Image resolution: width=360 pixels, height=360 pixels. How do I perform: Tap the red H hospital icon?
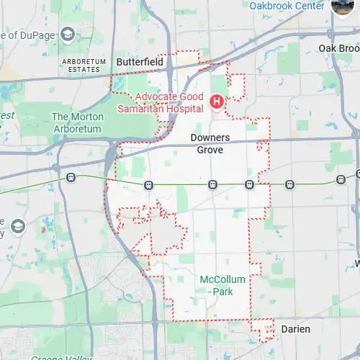point(215,102)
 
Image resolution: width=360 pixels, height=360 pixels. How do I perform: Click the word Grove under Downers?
point(210,150)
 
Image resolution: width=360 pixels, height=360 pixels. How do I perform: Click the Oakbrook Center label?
point(286,6)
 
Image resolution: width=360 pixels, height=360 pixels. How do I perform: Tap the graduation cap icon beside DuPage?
point(67,34)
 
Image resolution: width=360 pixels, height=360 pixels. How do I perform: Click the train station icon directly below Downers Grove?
point(212,184)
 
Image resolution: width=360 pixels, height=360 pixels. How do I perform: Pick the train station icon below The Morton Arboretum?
point(71,176)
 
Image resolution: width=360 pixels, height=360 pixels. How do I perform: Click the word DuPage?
point(32,35)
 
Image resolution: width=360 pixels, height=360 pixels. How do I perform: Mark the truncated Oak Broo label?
point(338,48)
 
